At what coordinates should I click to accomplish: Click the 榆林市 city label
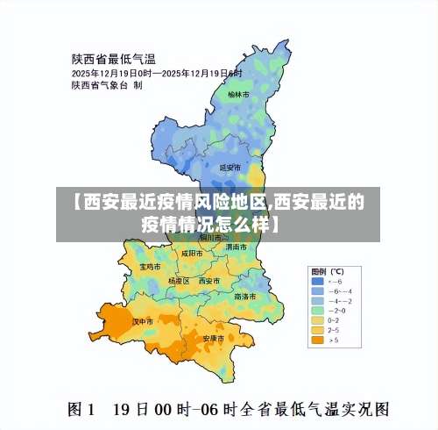[x=238, y=93]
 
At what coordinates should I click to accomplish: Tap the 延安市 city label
[x=229, y=167]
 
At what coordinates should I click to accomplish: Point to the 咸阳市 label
[x=192, y=253]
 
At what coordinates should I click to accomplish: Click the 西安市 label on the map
[x=208, y=281]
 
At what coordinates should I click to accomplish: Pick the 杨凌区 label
[x=179, y=281]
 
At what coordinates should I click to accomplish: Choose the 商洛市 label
[x=245, y=296]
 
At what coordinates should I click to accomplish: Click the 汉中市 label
[x=143, y=321]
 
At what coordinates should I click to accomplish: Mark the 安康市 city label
[x=214, y=338]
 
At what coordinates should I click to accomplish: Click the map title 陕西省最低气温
[x=113, y=59]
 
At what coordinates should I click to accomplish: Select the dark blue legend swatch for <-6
[x=316, y=280]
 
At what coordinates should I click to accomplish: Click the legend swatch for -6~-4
[x=316, y=290]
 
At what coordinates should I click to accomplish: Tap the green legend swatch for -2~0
[x=316, y=310]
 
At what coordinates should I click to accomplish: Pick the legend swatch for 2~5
[x=316, y=329]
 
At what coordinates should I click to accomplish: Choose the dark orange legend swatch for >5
[x=316, y=340]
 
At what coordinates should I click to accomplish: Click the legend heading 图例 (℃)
[x=327, y=270]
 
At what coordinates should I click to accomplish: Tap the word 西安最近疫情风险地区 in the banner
[x=172, y=202]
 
